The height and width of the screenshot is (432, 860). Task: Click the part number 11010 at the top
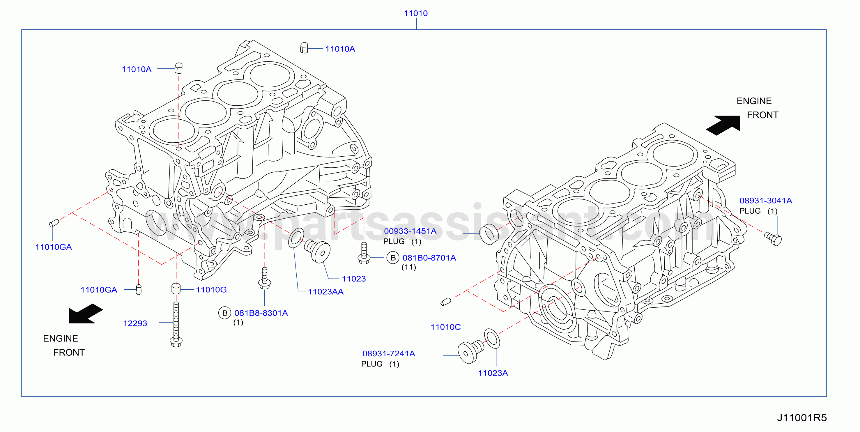[416, 13]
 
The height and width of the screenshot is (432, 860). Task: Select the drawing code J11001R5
[802, 418]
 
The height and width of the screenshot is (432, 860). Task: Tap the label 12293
[135, 323]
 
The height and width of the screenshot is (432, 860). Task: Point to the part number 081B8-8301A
[261, 313]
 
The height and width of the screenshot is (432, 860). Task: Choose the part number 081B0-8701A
[429, 258]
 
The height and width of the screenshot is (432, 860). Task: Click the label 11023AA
[325, 292]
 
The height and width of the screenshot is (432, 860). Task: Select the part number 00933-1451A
[410, 231]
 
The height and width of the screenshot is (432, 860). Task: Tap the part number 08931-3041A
[766, 201]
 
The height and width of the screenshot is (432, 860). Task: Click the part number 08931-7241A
[389, 353]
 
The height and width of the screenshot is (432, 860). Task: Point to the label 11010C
[446, 327]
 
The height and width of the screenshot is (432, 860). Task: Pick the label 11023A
[493, 373]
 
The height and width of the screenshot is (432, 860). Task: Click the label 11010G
[211, 289]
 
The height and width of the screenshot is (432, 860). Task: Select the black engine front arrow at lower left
[86, 314]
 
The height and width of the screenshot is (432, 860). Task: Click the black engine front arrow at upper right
[723, 125]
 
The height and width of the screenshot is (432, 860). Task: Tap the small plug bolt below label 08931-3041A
[773, 239]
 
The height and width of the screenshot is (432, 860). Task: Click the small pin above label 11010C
[446, 302]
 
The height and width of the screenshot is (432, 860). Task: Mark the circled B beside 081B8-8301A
[225, 313]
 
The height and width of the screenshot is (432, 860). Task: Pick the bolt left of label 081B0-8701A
[364, 253]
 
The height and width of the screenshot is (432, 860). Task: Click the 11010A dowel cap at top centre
[304, 47]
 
